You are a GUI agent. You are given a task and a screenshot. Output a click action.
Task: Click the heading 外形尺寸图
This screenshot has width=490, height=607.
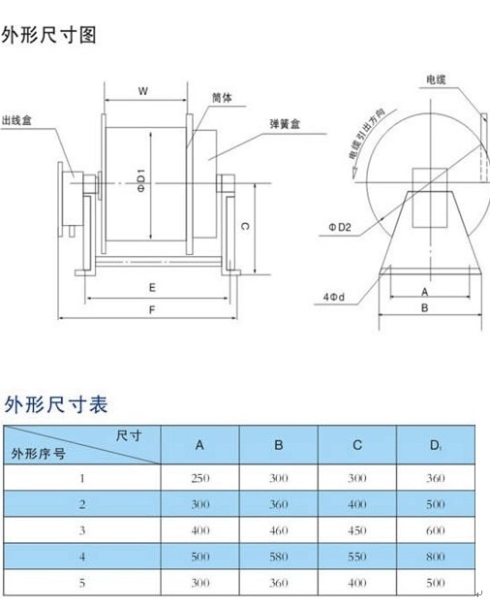tap(48, 35)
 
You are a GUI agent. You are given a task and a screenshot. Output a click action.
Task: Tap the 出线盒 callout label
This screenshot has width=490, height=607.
tap(16, 120)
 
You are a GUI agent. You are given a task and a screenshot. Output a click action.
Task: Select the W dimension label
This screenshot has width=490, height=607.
tap(143, 91)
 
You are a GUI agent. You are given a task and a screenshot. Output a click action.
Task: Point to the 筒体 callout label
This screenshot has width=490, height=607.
tap(222, 98)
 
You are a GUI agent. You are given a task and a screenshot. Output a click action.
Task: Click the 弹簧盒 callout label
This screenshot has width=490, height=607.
tap(285, 124)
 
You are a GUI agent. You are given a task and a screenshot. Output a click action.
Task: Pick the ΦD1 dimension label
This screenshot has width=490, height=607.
tap(141, 180)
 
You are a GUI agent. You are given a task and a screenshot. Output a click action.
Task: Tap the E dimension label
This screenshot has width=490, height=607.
tap(152, 288)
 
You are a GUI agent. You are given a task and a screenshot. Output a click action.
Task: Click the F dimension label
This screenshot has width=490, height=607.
tap(152, 309)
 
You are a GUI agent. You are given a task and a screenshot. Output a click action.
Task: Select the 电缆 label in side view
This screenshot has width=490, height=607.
tap(436, 80)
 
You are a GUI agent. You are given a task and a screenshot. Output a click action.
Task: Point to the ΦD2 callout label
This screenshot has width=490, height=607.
tap(340, 227)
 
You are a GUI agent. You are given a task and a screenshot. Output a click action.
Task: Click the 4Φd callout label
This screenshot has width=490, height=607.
tap(334, 297)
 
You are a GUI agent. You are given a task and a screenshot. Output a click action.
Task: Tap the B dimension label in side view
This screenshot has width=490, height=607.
tap(425, 308)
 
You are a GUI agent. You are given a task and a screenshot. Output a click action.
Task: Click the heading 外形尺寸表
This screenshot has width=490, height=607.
tap(56, 405)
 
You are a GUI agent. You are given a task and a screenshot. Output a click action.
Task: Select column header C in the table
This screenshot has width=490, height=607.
tap(357, 445)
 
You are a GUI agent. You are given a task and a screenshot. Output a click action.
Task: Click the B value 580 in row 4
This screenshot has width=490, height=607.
tap(279, 557)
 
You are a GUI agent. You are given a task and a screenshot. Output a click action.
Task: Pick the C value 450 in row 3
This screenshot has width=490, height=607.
tap(357, 530)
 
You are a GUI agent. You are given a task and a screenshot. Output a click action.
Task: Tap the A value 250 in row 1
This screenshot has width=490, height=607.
tap(200, 478)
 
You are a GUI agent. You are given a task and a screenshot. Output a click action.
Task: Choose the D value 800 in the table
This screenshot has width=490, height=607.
tap(436, 557)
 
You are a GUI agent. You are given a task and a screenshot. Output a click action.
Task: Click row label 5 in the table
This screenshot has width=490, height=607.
tap(82, 583)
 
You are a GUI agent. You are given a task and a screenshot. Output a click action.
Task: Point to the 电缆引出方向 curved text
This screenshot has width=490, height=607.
tap(365, 137)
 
